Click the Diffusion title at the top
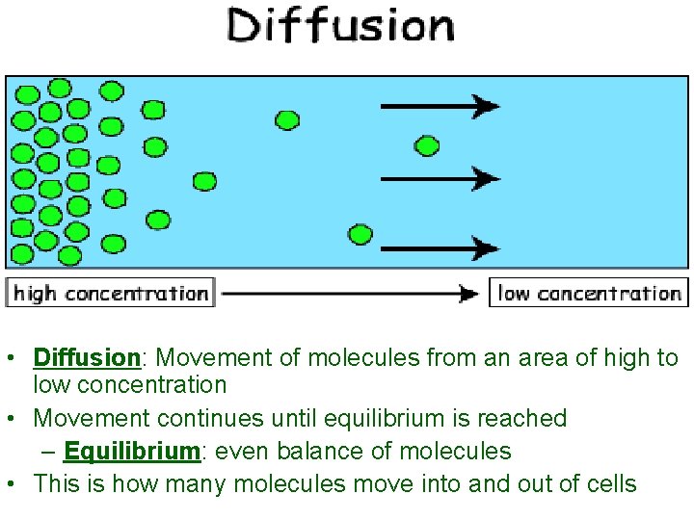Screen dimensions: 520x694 point(340,26)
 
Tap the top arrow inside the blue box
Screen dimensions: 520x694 point(440,106)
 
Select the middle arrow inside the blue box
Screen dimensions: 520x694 point(440,178)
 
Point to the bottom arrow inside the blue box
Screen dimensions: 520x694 point(440,248)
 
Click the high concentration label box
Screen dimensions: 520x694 point(111,293)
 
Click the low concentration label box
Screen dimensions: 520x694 point(589,293)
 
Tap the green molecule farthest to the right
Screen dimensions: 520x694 point(427,146)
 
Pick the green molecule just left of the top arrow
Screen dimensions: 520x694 point(287,120)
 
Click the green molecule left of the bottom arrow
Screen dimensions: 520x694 point(360,234)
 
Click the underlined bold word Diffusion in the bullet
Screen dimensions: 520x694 point(87,358)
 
